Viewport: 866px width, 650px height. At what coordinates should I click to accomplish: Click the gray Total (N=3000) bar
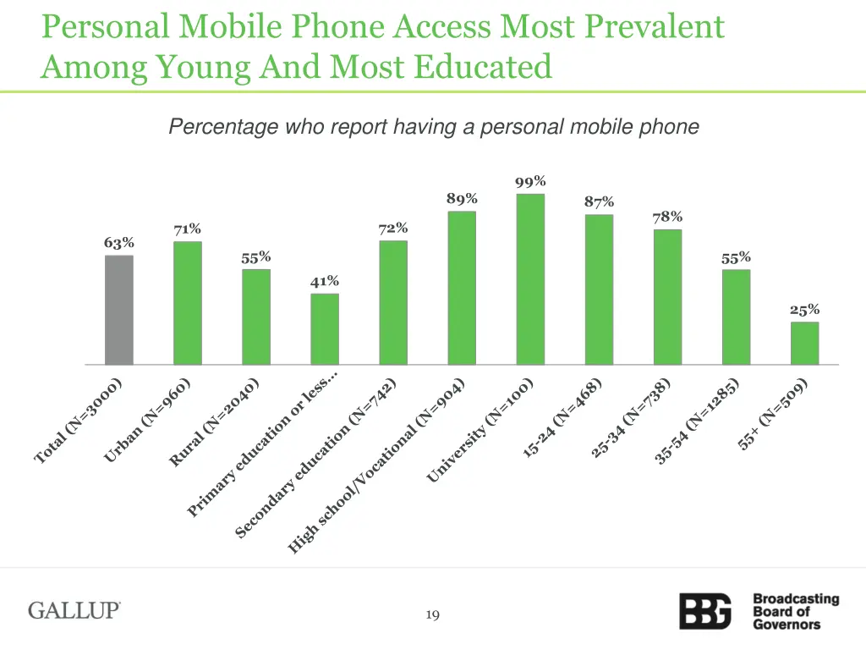[x=119, y=310]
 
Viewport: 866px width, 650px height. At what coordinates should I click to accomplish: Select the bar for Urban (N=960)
[x=188, y=303]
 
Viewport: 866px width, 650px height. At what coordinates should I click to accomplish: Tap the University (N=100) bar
[x=530, y=279]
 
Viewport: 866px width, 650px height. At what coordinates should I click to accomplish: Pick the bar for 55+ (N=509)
[x=805, y=343]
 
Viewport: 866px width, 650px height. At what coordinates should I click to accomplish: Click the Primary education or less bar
[x=325, y=329]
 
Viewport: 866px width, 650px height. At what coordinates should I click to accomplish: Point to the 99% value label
[x=530, y=181]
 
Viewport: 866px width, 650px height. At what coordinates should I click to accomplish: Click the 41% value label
[x=325, y=281]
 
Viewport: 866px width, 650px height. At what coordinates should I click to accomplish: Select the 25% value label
[x=805, y=310]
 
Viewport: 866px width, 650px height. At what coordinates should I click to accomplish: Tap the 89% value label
[x=462, y=198]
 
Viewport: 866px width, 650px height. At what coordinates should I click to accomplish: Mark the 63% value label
[x=119, y=243]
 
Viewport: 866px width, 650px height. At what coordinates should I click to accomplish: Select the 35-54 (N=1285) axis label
[x=698, y=421]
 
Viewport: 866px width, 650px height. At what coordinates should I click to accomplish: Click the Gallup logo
[x=74, y=610]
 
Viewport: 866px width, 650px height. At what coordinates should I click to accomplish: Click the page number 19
[x=432, y=615]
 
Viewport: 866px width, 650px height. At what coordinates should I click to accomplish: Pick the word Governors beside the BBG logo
[x=787, y=625]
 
